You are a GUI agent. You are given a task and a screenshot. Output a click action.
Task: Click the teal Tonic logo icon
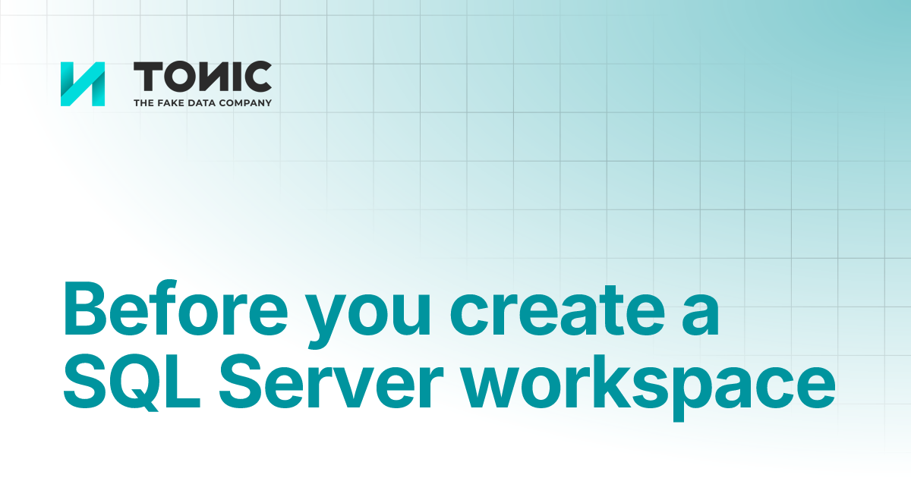(83, 83)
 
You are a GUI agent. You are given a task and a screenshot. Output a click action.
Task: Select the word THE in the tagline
(143, 102)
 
